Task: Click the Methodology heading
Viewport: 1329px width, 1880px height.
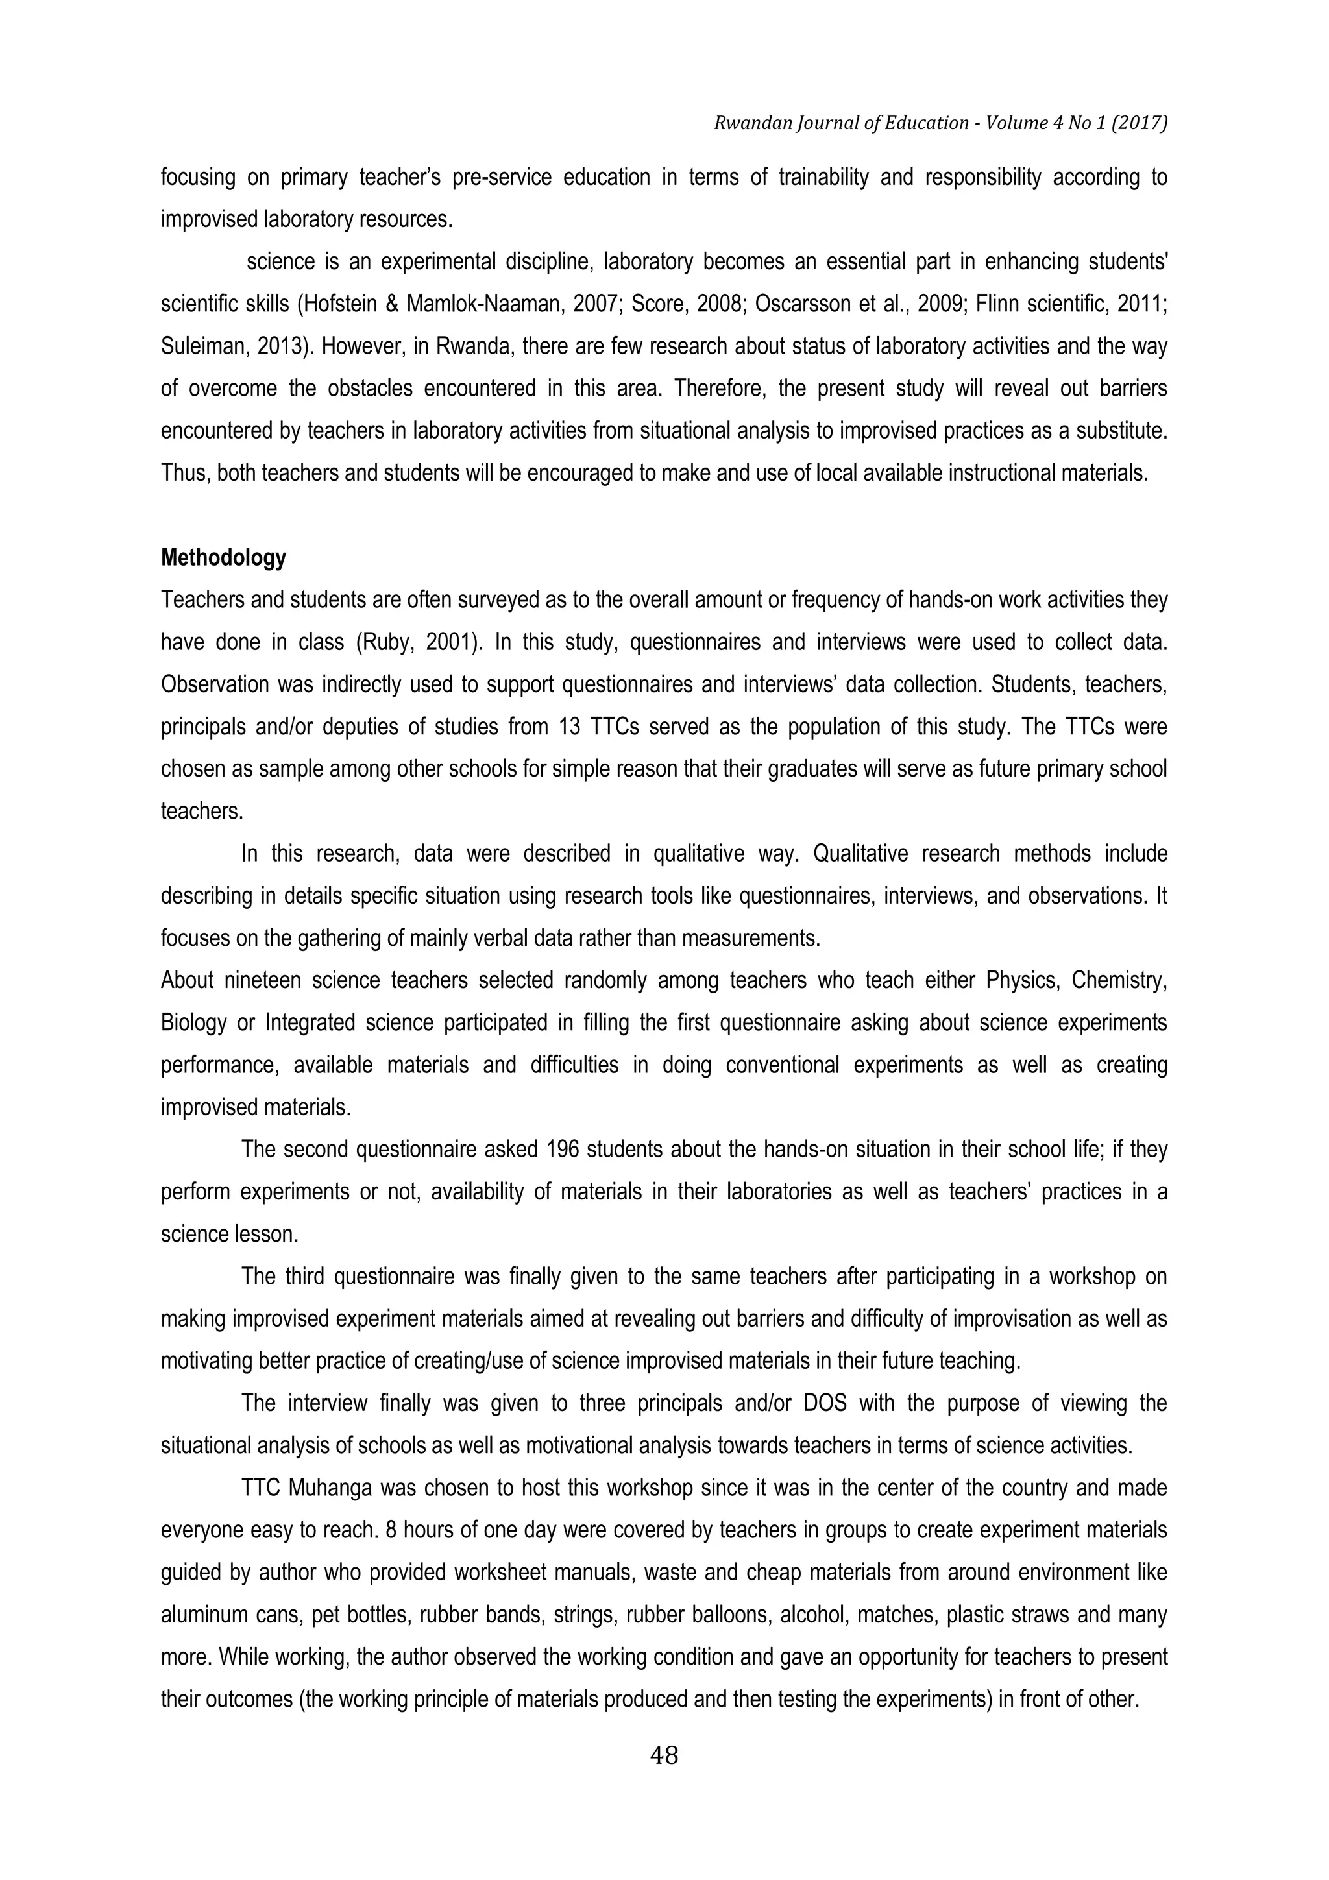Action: (223, 559)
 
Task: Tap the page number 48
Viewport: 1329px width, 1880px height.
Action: (663, 1755)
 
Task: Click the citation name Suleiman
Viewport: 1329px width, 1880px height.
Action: (195, 346)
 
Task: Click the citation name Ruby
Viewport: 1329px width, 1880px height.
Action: (388, 643)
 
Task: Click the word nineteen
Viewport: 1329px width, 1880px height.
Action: (263, 980)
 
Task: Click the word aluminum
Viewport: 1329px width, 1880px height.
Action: (201, 1615)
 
